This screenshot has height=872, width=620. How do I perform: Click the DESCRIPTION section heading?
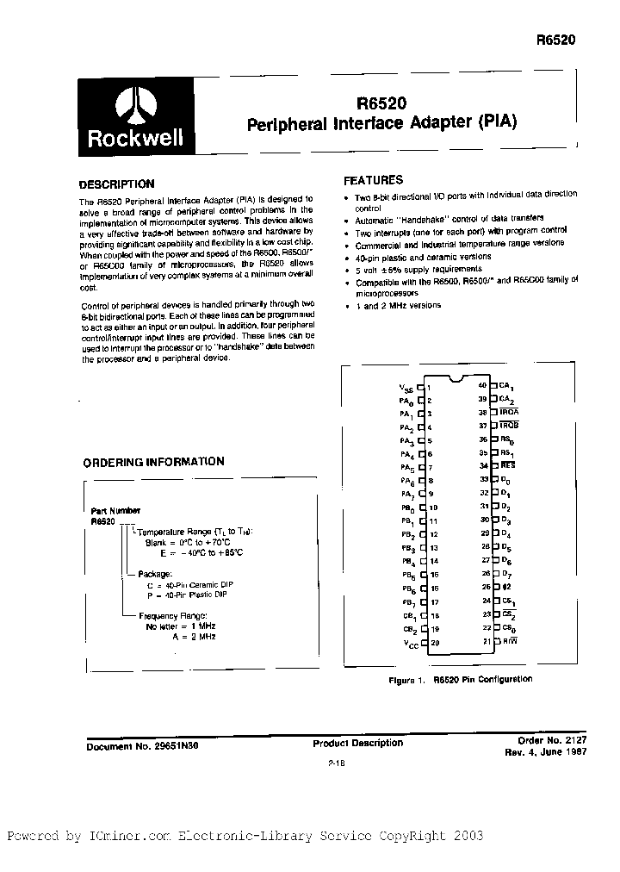(116, 184)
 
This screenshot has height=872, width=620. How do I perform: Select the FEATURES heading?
(373, 181)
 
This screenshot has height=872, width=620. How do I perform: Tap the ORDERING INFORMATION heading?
(153, 462)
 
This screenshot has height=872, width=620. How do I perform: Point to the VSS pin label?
(406, 389)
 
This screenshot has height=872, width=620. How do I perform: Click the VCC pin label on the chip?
(406, 645)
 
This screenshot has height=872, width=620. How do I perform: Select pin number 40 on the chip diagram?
(482, 385)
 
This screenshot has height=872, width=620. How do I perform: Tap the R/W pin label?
(510, 641)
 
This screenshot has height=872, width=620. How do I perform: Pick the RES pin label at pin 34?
(508, 465)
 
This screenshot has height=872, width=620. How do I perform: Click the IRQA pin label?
(512, 412)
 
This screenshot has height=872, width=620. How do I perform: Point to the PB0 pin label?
(407, 508)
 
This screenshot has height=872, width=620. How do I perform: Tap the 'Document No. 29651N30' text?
(142, 747)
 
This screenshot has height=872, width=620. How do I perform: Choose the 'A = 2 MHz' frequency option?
(192, 636)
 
